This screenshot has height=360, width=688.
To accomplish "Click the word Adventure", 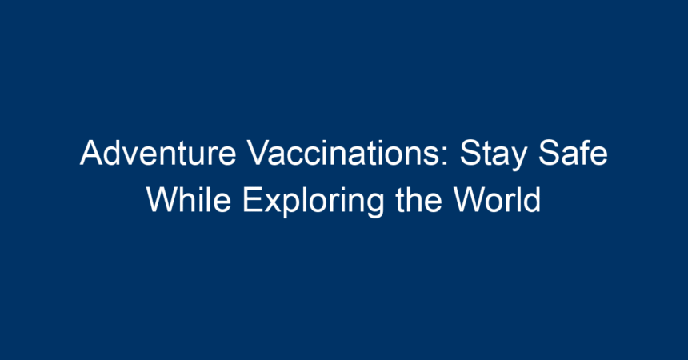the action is tap(158, 153).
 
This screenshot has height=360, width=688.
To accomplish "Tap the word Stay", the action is tap(493, 154).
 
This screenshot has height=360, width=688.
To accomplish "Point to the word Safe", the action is tap(573, 153).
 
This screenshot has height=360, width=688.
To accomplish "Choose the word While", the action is tap(189, 199).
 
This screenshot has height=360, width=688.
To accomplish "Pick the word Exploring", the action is tap(313, 202).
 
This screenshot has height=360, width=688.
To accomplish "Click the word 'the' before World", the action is tap(418, 199).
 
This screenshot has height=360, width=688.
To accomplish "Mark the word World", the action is tap(497, 199).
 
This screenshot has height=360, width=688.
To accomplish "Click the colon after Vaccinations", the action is tap(446, 157).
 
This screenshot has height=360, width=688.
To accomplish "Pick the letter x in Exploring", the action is tap(274, 203).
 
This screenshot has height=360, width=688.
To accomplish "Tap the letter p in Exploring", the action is tap(294, 206).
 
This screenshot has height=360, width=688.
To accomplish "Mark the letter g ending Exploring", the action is tap(374, 206).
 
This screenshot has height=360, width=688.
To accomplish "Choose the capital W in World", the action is tap(471, 199).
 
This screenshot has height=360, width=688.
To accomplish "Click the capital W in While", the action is tap(165, 199).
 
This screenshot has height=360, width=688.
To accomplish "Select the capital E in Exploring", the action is tap(253, 199).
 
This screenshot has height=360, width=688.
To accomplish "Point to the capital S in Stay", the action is tap(471, 153).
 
